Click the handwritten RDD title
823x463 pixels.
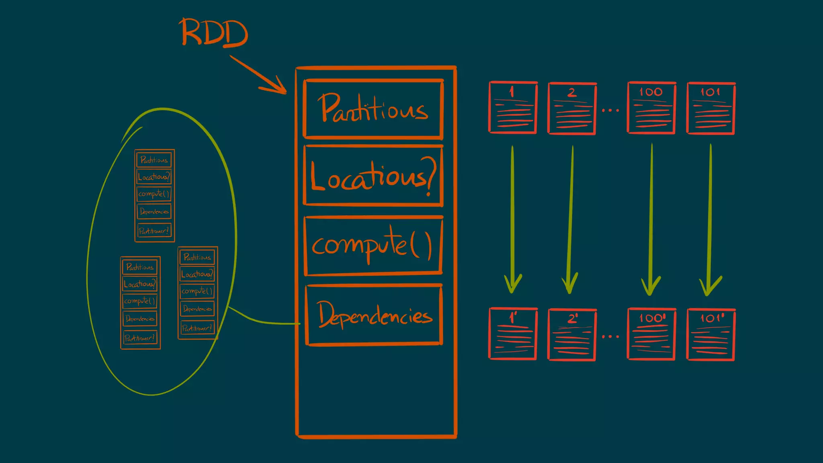coord(214,33)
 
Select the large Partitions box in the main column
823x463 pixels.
coord(373,109)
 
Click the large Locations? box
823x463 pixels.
coord(373,176)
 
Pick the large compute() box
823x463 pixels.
coord(373,246)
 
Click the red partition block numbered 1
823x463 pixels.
coord(513,108)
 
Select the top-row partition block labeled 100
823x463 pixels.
coord(651,108)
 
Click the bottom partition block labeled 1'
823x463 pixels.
coord(513,334)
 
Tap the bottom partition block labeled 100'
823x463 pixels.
coord(651,334)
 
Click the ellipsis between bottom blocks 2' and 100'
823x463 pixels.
coord(610,336)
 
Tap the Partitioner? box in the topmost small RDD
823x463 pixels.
coord(154,231)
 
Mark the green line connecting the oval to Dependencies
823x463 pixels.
coord(261,321)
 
